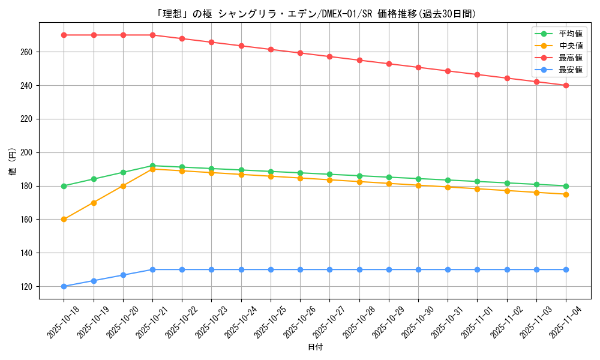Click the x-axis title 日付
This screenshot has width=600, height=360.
click(315, 347)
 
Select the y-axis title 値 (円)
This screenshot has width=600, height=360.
click(12, 161)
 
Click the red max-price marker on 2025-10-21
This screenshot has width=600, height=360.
click(152, 35)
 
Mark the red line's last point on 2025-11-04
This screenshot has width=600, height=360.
click(566, 85)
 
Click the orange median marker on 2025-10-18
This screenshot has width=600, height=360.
click(64, 219)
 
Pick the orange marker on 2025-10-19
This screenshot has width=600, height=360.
click(94, 203)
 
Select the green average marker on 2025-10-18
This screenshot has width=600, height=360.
click(64, 186)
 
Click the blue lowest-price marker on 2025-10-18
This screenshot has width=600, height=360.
click(64, 286)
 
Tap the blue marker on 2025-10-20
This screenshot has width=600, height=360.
click(123, 275)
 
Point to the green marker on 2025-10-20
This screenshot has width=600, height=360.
click(123, 172)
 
